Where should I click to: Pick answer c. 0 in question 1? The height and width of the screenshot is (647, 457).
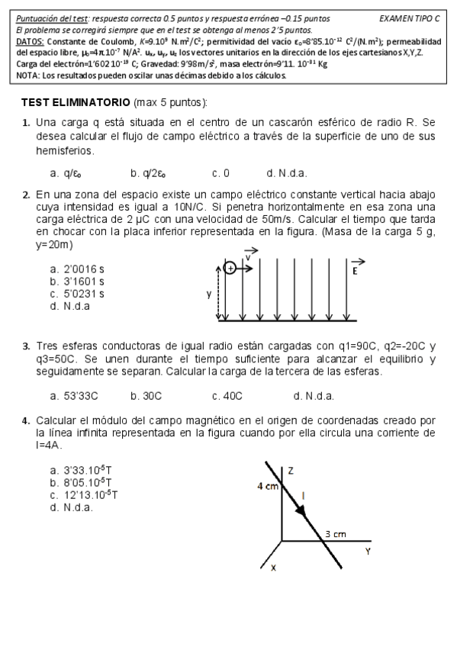click(221, 172)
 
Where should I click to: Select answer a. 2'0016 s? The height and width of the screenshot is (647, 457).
click(77, 269)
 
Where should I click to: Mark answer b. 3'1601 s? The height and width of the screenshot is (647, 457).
click(77, 281)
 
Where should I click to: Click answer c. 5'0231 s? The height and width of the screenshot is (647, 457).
click(77, 293)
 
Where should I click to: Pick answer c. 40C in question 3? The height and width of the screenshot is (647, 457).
click(227, 395)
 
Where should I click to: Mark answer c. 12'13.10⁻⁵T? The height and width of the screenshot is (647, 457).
click(83, 494)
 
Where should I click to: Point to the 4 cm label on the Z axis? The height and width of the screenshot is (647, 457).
click(267, 485)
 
